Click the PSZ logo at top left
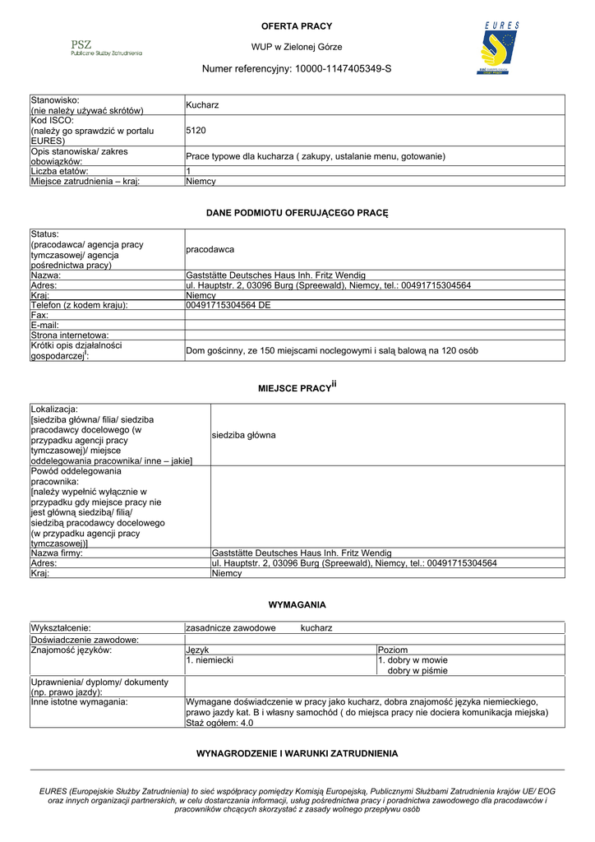[106, 48]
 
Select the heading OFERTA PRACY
[297, 26]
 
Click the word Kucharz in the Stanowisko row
[202, 105]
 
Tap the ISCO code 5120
[196, 130]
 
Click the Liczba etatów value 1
[189, 171]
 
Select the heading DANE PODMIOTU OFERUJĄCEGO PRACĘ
[297, 213]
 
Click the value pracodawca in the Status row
[210, 249]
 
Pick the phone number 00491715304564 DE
[228, 305]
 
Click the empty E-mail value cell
[375, 325]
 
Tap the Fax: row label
[39, 315]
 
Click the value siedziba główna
[243, 434]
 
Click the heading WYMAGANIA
[297, 604]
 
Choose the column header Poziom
[393, 650]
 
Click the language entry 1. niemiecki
[210, 659]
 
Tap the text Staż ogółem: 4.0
[220, 723]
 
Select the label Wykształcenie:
[61, 627]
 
